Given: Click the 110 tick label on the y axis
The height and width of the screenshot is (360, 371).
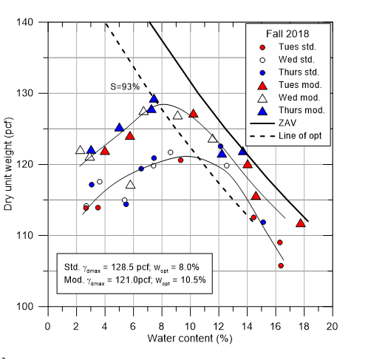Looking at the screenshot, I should click(35, 235).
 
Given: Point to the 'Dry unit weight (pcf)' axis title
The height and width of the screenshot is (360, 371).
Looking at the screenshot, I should click(10, 164).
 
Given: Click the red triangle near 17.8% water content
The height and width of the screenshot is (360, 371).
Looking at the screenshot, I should click(301, 223).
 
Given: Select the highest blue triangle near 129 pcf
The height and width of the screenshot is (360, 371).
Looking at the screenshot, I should click(154, 98).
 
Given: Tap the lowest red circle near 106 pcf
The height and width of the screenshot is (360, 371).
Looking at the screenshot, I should click(281, 265).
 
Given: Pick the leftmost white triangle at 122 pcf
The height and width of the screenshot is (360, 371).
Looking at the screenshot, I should click(81, 149).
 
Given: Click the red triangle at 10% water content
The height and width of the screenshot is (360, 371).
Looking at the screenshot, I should click(194, 113).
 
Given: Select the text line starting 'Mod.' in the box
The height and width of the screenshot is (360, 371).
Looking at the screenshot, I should click(132, 280).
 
